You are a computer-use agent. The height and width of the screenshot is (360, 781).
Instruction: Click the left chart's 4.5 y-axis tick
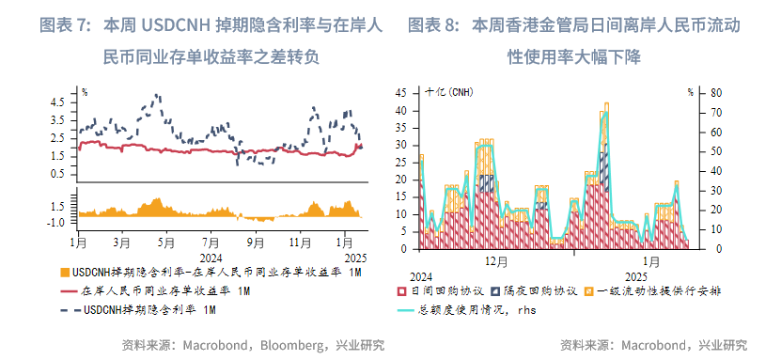57,101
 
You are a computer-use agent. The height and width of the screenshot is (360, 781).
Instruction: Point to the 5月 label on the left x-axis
166,242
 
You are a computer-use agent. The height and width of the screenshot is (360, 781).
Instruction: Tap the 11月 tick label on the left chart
301,242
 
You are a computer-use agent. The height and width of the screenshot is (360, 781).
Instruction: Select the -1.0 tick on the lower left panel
55,223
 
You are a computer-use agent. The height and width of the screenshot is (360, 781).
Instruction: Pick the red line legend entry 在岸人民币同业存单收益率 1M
165,290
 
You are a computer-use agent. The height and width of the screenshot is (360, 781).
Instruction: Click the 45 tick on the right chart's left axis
401,93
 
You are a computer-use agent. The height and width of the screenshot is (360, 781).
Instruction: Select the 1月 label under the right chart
652,260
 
